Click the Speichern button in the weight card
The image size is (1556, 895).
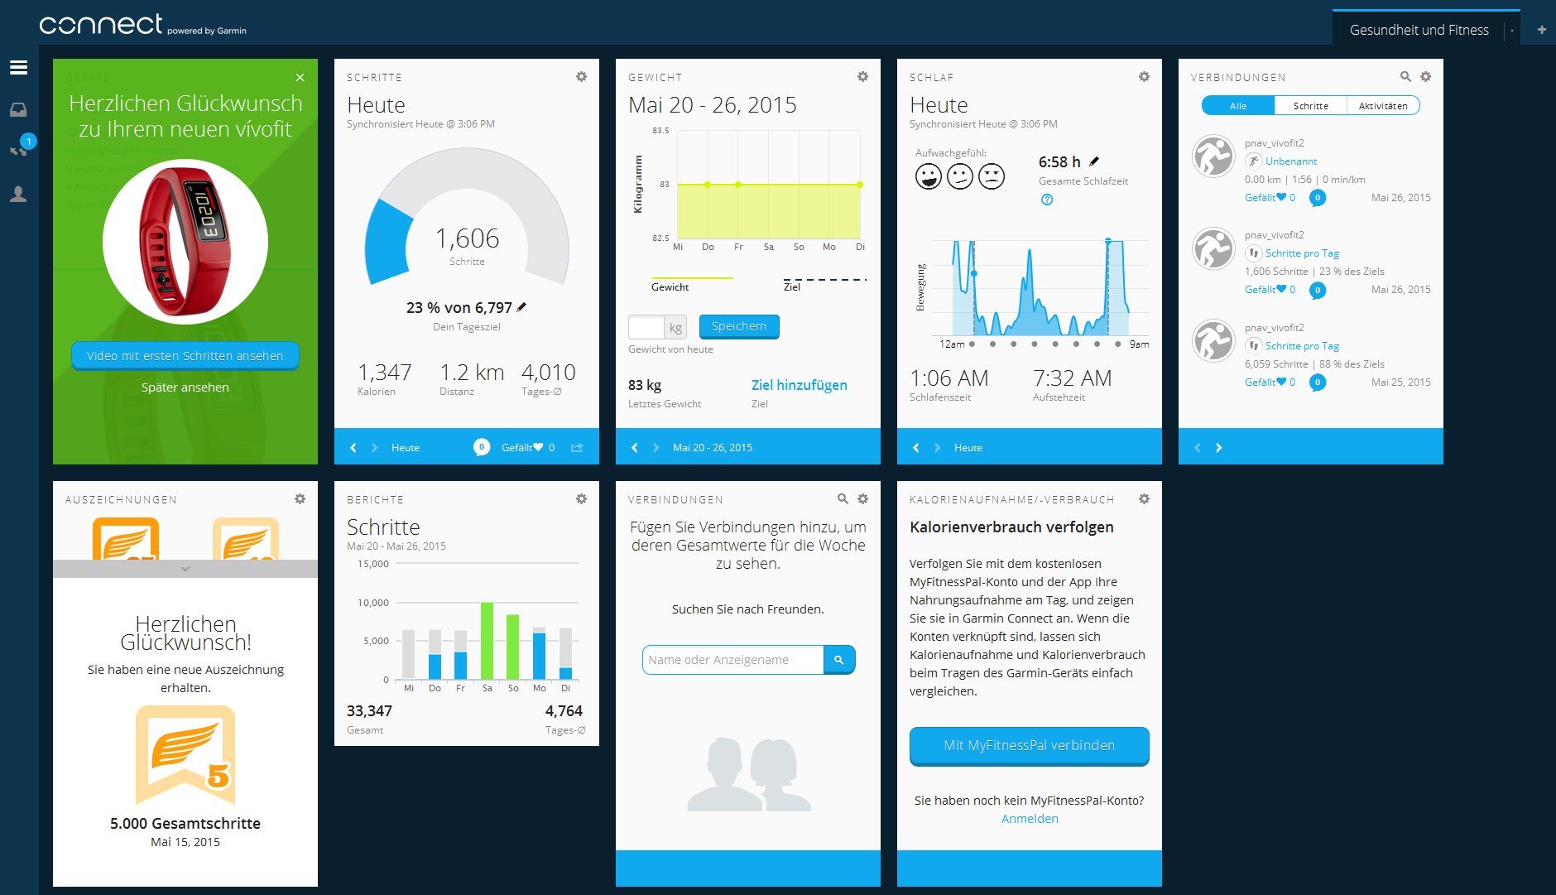[738, 326]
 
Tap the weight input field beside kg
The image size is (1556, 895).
[646, 327]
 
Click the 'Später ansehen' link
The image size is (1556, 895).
[185, 387]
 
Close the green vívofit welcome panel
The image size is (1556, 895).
[300, 78]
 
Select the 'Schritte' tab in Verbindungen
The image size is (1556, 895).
[1310, 106]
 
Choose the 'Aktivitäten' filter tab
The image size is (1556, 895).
[1382, 106]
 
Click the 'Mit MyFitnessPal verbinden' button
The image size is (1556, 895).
[1029, 745]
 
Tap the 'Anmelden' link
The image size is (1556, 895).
[1030, 819]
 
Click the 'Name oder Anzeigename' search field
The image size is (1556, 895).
[732, 660]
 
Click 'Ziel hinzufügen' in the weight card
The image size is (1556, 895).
[799, 385]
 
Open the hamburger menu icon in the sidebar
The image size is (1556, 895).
[18, 68]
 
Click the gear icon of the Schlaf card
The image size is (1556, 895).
[1144, 77]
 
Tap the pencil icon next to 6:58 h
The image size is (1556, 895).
[1094, 161]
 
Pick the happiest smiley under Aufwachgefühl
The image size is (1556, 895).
[928, 176]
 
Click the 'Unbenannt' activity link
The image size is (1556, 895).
[1290, 161]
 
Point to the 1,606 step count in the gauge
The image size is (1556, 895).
[467, 238]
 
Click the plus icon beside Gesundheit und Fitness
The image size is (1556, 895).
[1541, 30]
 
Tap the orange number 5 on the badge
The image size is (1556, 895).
[218, 776]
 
